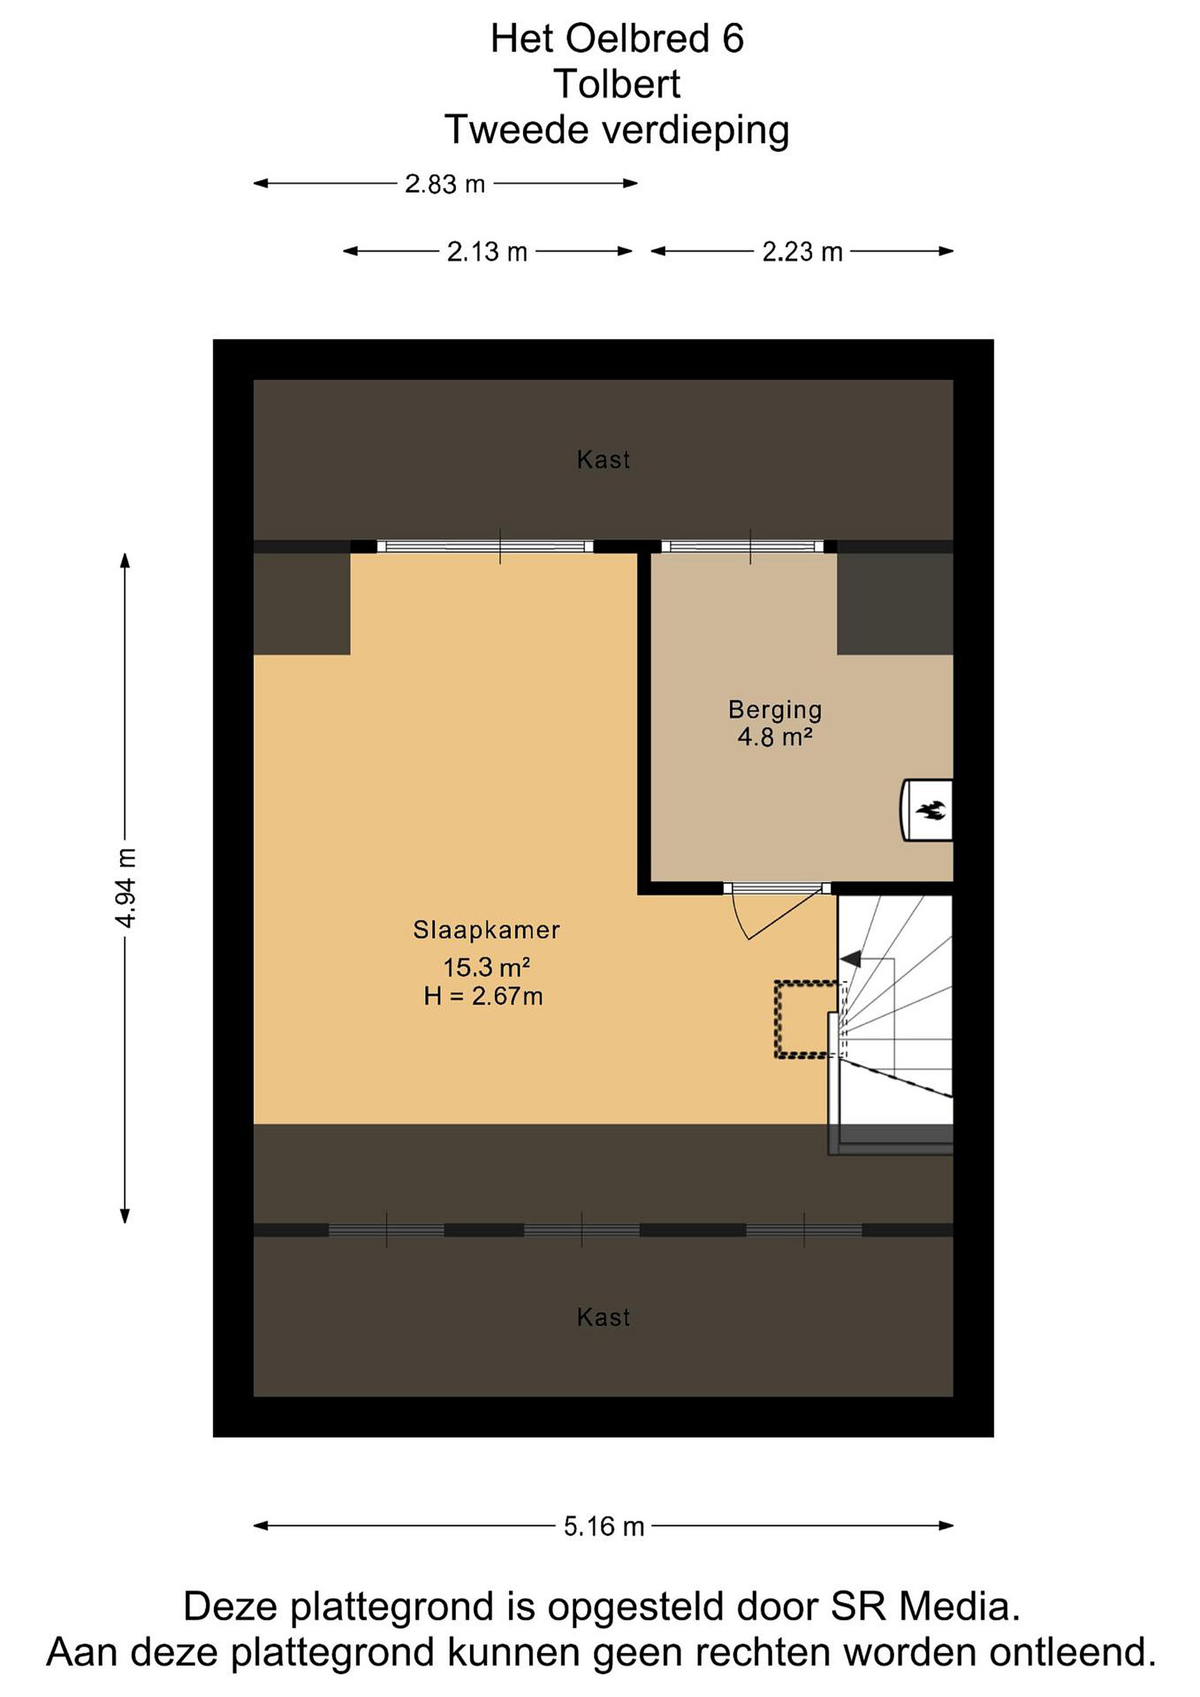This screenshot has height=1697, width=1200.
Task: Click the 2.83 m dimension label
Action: [x=445, y=183]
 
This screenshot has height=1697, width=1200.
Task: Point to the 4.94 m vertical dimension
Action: [x=125, y=889]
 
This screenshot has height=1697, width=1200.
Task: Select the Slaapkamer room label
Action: [x=486, y=930]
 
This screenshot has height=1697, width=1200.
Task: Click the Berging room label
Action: [x=775, y=709]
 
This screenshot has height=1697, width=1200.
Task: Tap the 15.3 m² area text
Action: [x=486, y=967]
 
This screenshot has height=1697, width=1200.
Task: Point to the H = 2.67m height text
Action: [x=483, y=996]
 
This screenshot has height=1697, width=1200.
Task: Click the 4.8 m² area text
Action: [x=775, y=737]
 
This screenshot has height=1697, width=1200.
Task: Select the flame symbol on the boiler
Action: [x=930, y=811]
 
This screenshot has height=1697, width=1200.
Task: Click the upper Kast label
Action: [x=604, y=460]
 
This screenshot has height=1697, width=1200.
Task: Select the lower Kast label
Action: [x=604, y=1317]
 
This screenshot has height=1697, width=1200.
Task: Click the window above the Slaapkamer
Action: [x=485, y=546]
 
